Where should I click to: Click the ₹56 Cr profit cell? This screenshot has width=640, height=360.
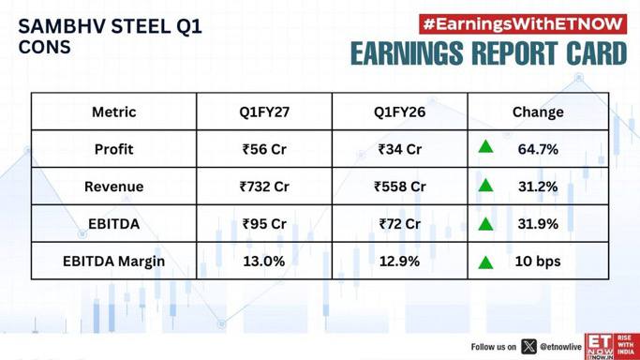(264, 149)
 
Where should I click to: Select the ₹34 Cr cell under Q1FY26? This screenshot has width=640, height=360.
(399, 149)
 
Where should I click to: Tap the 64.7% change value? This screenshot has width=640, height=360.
(538, 149)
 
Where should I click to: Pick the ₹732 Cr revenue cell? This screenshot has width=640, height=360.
(264, 187)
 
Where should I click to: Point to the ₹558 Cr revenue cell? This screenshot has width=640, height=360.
(399, 187)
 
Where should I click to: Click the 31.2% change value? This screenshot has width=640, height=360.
(538, 187)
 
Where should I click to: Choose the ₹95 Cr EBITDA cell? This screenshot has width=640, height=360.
(264, 224)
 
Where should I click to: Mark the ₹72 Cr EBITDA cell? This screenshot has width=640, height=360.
(399, 224)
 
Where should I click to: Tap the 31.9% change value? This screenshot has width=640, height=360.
(538, 224)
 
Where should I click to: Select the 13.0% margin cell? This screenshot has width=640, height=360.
(264, 262)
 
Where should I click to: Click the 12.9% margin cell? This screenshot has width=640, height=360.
(399, 262)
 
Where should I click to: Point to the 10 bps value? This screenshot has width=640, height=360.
(538, 262)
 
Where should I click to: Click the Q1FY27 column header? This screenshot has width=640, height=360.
(264, 112)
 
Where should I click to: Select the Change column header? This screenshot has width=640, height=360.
(538, 112)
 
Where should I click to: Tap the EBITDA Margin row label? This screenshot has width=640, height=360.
(114, 262)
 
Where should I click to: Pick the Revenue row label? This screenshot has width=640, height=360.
(114, 187)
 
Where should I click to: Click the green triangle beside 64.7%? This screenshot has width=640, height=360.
(485, 146)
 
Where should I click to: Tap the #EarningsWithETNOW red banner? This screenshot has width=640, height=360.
(523, 24)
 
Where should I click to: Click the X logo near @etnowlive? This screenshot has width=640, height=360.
(529, 347)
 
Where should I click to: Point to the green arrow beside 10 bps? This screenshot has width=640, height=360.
(485, 262)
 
